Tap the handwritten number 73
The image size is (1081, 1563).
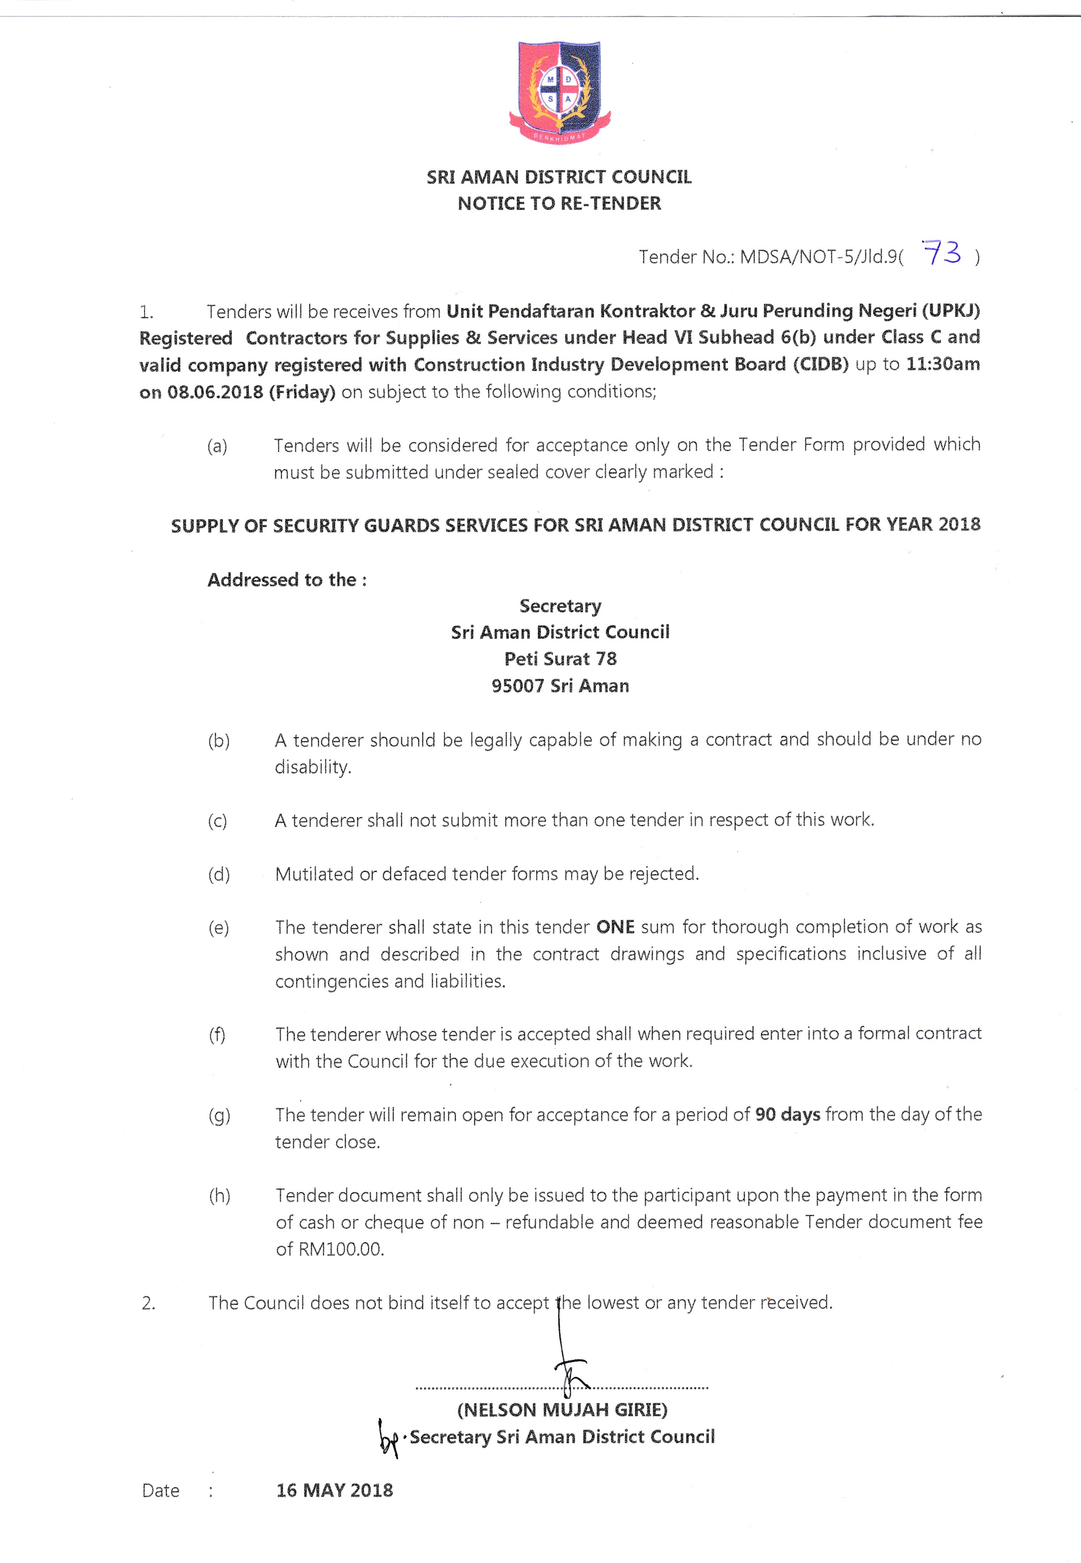[942, 253]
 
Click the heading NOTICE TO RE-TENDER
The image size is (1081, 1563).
[559, 203]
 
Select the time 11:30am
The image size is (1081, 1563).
[942, 364]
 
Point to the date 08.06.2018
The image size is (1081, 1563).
[215, 392]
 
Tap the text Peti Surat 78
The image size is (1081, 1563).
[560, 658]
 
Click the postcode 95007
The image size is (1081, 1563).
[518, 686]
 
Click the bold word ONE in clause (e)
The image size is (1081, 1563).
[615, 927]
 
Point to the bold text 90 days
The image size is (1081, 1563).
[787, 1115]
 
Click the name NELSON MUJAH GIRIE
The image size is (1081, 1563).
[562, 1410]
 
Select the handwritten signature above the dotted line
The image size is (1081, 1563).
[568, 1362]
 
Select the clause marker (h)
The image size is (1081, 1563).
[219, 1196]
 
